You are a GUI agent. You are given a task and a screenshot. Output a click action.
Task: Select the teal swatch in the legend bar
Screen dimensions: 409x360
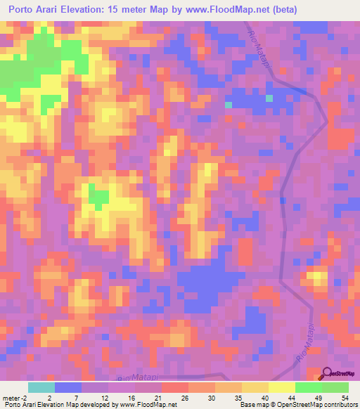pyautogui.click(x=41, y=388)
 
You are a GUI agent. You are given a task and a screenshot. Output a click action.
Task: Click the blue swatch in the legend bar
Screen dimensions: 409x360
pyautogui.click(x=68, y=388)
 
